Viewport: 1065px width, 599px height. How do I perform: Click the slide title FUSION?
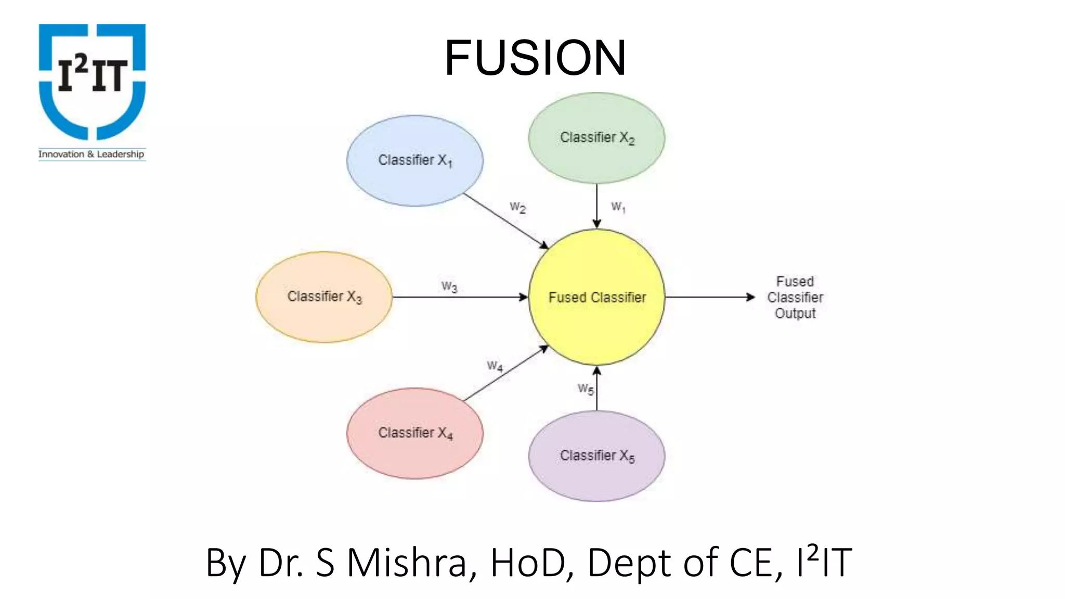pyautogui.click(x=535, y=58)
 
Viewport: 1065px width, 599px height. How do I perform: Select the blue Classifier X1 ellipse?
pyautogui.click(x=415, y=161)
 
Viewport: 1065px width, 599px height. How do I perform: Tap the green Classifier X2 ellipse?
pyautogui.click(x=596, y=138)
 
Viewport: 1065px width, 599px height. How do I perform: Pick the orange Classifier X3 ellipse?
pyautogui.click(x=324, y=297)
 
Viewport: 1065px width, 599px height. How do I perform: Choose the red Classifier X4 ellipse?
pyautogui.click(x=415, y=433)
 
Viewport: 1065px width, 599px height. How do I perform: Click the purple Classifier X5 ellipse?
pyautogui.click(x=596, y=456)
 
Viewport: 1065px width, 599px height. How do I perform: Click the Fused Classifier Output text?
pyautogui.click(x=795, y=297)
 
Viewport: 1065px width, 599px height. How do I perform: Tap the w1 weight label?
pyautogui.click(x=618, y=207)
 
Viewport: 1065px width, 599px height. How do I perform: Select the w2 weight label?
pyautogui.click(x=517, y=207)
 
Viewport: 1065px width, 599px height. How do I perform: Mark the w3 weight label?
pyautogui.click(x=449, y=287)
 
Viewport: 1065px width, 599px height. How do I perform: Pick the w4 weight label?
pyautogui.click(x=495, y=366)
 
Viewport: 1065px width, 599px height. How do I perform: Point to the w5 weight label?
pyautogui.click(x=586, y=388)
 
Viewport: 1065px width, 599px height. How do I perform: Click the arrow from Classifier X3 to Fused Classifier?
pyautogui.click(x=460, y=297)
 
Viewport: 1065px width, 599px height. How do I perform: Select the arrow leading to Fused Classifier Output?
pyautogui.click(x=710, y=297)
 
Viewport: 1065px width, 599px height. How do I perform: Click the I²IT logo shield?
pyautogui.click(x=92, y=81)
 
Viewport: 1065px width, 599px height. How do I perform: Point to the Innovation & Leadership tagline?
pyautogui.click(x=92, y=154)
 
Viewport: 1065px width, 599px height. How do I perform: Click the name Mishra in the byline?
pyautogui.click(x=407, y=563)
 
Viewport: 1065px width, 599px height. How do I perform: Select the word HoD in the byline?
pyautogui.click(x=528, y=563)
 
